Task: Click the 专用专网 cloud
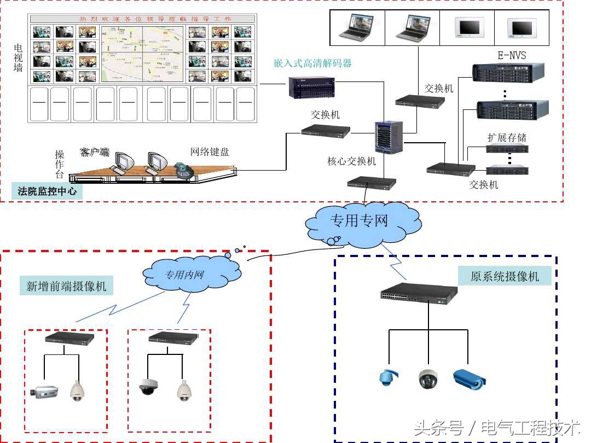pyautogui.click(x=359, y=222)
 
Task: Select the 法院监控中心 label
pyautogui.click(x=47, y=191)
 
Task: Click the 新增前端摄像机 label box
pyautogui.click(x=67, y=286)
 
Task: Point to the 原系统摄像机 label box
pyautogui.click(x=505, y=277)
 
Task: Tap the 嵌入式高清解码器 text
pyautogui.click(x=312, y=63)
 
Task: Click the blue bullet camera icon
pyautogui.click(x=469, y=378)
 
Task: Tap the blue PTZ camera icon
pyautogui.click(x=388, y=378)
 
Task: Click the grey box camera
pyautogui.click(x=44, y=390)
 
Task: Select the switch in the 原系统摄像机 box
pyautogui.click(x=419, y=294)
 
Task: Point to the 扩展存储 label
pyautogui.click(x=507, y=137)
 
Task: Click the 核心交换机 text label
pyautogui.click(x=352, y=161)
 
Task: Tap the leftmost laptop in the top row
pyautogui.click(x=357, y=27)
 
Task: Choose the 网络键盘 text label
pyautogui.click(x=210, y=152)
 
